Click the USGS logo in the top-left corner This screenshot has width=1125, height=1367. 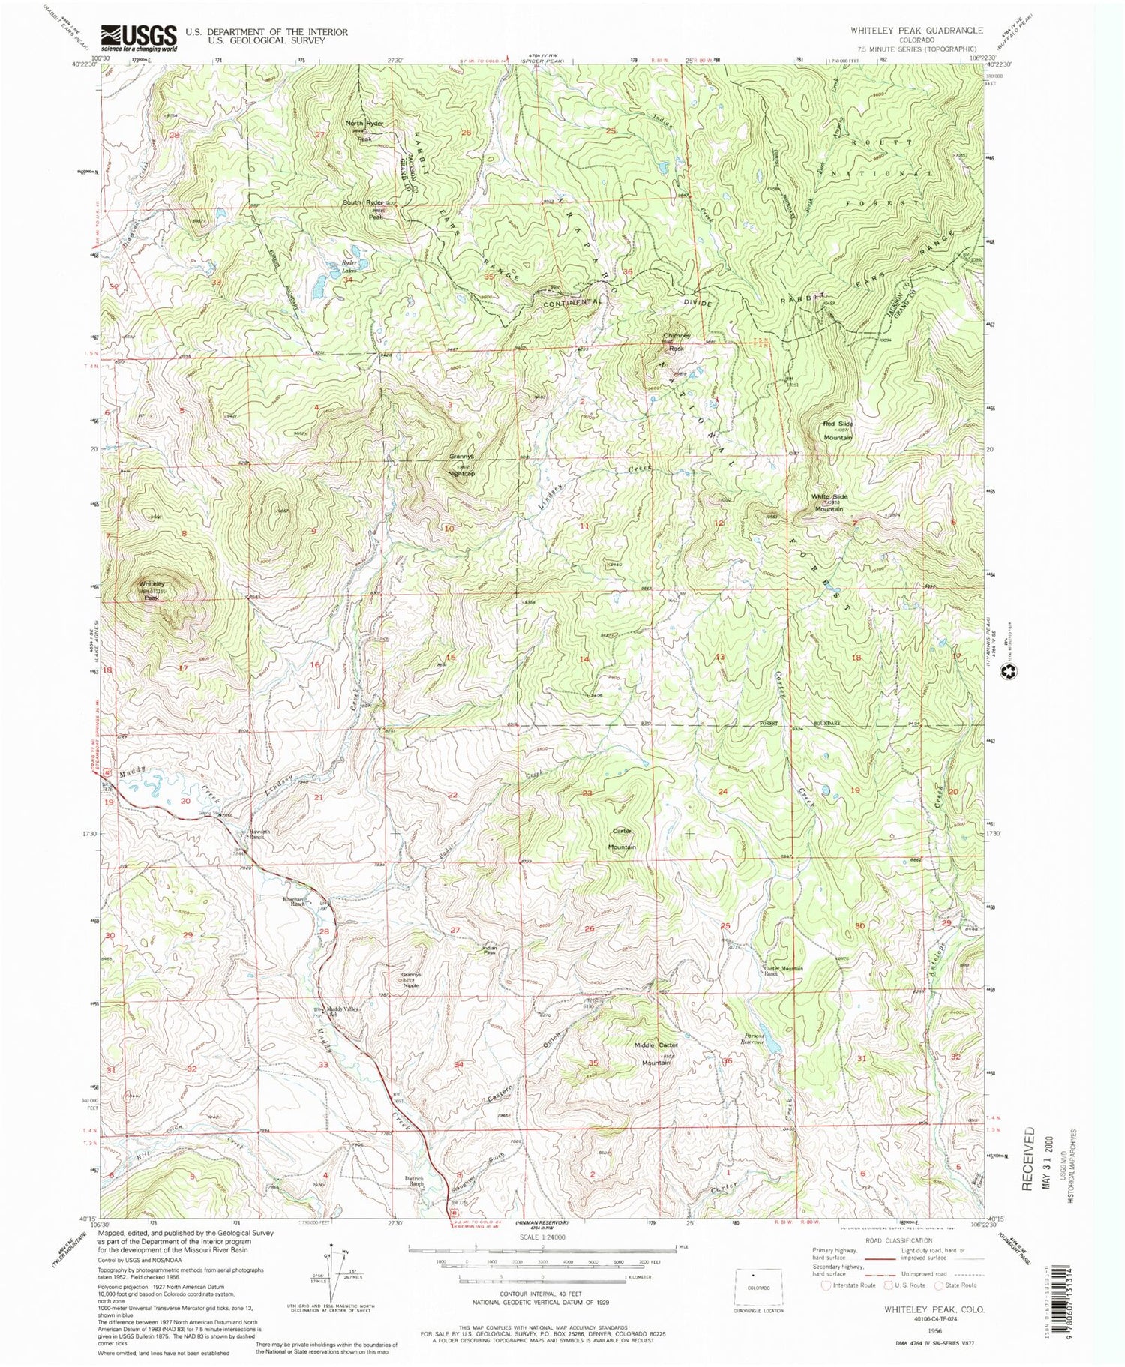[139, 36]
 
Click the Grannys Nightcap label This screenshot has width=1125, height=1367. [462, 465]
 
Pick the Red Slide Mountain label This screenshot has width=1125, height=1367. [838, 430]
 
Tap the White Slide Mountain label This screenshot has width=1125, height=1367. [829, 502]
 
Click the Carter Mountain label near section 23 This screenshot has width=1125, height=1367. [622, 838]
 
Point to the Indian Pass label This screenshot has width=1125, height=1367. [489, 950]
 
